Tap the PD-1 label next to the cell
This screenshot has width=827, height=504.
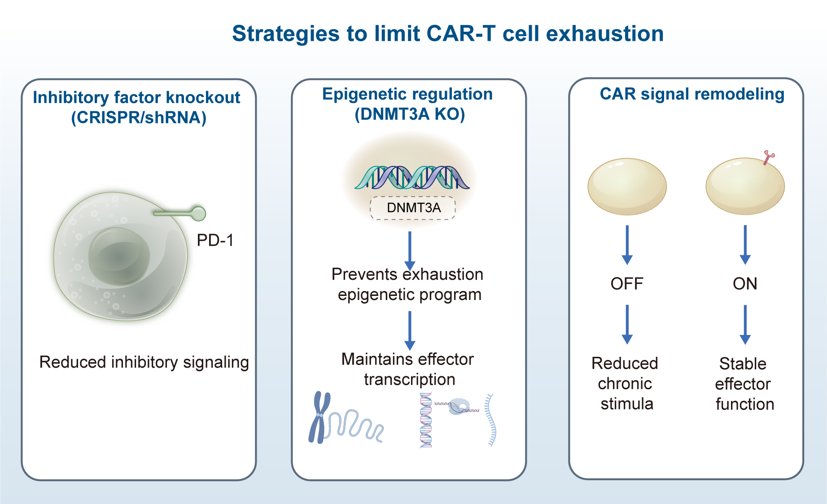pyautogui.click(x=215, y=241)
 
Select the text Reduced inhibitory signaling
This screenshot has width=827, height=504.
pyautogui.click(x=144, y=362)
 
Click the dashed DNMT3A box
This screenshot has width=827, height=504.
pyautogui.click(x=413, y=208)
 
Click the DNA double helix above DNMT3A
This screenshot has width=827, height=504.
pyautogui.click(x=411, y=178)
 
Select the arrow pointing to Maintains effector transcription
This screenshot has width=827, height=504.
pyautogui.click(x=410, y=330)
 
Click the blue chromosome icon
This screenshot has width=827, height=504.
pyautogui.click(x=319, y=417)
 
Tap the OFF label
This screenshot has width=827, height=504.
pyautogui.click(x=627, y=284)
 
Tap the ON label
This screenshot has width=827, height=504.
pyautogui.click(x=745, y=284)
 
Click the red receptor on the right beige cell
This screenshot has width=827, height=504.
pyautogui.click(x=769, y=157)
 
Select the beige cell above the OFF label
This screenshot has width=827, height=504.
pyautogui.click(x=627, y=187)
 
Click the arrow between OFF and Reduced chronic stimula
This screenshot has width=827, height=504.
pyautogui.click(x=627, y=324)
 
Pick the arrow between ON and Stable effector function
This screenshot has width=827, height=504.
pyautogui.click(x=745, y=324)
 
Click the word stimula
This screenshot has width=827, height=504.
pyautogui.click(x=627, y=404)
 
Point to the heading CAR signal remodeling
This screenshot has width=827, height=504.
pyautogui.click(x=692, y=94)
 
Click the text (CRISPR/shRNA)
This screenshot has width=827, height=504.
pyautogui.click(x=139, y=117)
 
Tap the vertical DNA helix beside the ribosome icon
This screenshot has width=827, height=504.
pyautogui.click(x=426, y=420)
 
